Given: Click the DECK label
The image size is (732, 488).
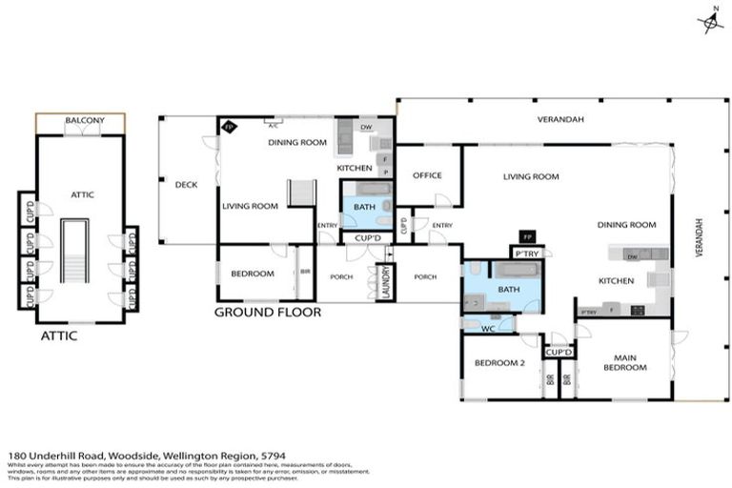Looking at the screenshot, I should point(186,184).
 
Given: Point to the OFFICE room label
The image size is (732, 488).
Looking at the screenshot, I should point(426,175).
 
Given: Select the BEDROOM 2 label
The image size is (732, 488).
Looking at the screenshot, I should point(495,363).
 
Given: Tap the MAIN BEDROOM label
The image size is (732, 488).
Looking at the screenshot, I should point(624,363).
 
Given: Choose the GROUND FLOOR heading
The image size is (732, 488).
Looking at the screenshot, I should point(267,312).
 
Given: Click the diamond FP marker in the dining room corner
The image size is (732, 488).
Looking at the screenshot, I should point(229,126).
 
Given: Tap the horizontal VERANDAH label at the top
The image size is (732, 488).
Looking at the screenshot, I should point(560,119).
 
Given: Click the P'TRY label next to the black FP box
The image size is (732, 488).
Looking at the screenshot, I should point(527,253).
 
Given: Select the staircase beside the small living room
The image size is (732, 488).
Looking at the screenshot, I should point(302,192).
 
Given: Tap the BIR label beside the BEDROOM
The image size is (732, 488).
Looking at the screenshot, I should point(304,274).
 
